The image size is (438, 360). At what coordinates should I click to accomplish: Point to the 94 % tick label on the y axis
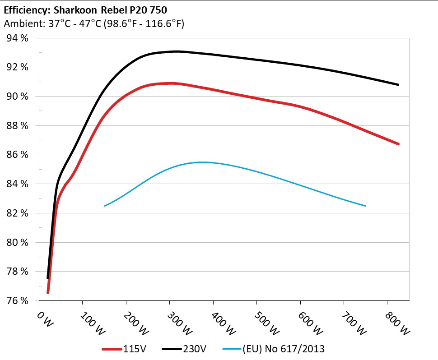pos(18,38)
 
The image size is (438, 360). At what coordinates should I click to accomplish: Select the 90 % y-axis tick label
pos(18,97)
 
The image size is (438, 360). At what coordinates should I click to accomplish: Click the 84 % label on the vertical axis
pos(18,184)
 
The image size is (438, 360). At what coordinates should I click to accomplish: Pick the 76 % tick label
pos(18,300)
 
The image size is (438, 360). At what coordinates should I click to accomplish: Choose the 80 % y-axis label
pos(18,242)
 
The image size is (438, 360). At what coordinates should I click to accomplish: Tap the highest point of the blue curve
pos(202,162)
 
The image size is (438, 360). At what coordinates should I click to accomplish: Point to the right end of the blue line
pos(365,206)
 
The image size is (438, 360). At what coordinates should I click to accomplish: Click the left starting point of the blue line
pos(105,206)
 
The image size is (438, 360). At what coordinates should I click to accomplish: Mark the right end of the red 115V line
pos(398,144)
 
